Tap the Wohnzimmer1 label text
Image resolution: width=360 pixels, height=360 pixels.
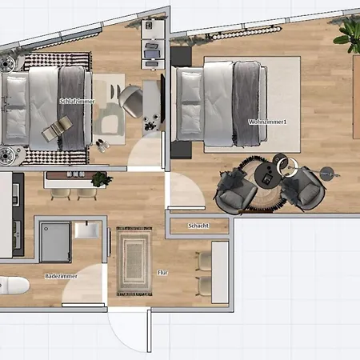pyautogui.click(x=268, y=122)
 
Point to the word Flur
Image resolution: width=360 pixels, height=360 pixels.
pyautogui.click(x=162, y=273)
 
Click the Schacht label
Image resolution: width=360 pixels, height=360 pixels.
pyautogui.click(x=198, y=226)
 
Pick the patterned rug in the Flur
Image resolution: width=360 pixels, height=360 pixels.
pyautogui.click(x=134, y=260)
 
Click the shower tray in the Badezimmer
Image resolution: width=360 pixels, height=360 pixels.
pyautogui.click(x=55, y=240)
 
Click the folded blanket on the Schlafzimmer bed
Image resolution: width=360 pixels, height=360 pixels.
pyautogui.click(x=72, y=108)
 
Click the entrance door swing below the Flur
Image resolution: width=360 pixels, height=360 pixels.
pyautogui.click(x=128, y=328)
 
